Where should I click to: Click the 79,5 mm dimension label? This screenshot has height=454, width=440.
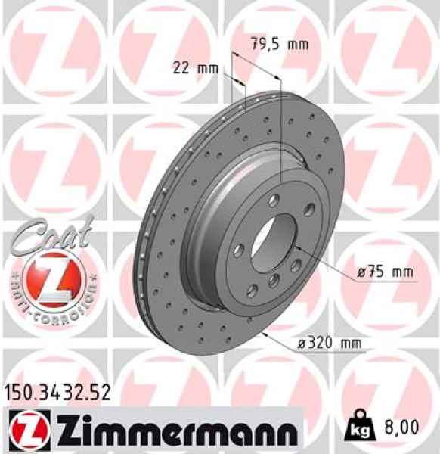(x=279, y=44)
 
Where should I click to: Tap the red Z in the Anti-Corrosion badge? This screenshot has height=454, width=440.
(x=46, y=279)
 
